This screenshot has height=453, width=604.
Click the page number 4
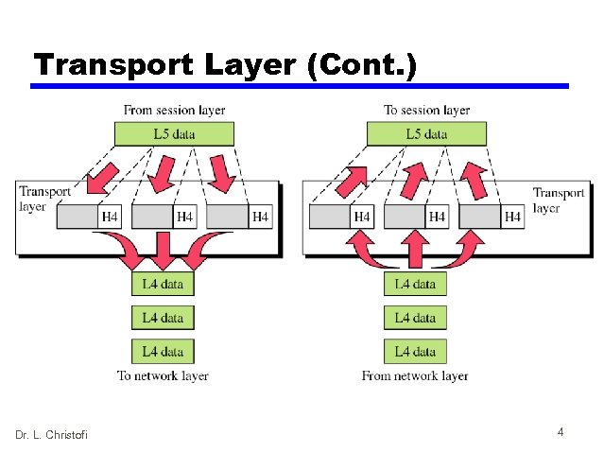[x=561, y=432]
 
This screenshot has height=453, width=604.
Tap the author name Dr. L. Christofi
[x=51, y=434]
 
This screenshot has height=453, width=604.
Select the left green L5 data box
[x=174, y=134]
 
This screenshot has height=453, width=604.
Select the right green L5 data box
[x=426, y=134]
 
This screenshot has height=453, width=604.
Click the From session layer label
[x=174, y=111]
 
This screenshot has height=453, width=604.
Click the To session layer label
[x=426, y=111]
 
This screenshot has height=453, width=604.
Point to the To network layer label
[x=163, y=376]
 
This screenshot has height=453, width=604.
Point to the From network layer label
[x=415, y=376]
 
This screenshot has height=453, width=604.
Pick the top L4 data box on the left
[x=163, y=283]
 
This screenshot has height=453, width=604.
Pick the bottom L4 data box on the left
[x=163, y=352]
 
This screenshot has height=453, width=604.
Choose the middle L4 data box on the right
[x=415, y=318]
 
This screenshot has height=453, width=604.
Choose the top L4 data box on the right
[x=415, y=283]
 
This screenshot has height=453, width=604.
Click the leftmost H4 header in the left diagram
[x=110, y=218]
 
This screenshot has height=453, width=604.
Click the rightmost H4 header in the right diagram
[x=512, y=218]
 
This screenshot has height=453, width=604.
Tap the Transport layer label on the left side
[x=44, y=199]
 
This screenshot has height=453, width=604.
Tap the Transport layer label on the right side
[x=559, y=199]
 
